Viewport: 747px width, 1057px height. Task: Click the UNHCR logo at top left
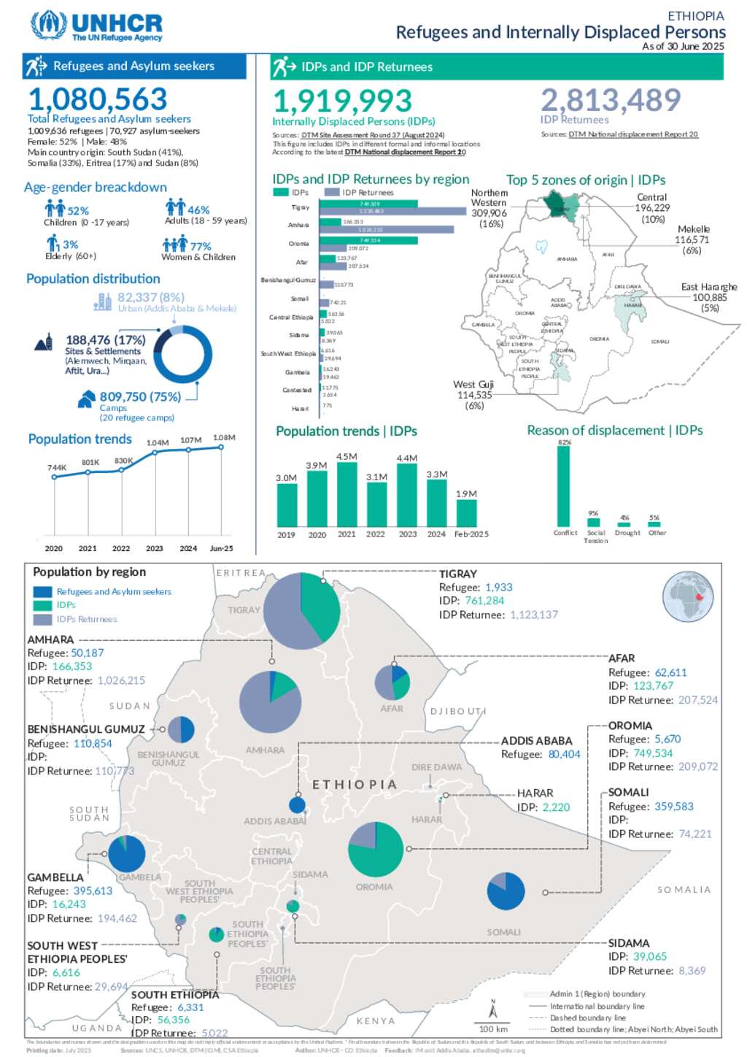96,26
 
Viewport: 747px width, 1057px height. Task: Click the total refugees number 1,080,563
98,99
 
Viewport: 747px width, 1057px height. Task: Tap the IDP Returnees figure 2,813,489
611,100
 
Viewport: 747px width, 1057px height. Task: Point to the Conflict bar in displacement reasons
564,486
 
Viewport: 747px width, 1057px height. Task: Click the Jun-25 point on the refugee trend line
221,447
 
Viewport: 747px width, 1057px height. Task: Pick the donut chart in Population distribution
182,355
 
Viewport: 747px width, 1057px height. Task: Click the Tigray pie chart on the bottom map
301,610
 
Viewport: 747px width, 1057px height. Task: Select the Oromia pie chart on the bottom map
376,849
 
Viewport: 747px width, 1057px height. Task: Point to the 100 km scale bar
493,1022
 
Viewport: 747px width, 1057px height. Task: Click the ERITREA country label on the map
241,573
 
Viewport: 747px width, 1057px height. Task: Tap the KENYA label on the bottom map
376,1021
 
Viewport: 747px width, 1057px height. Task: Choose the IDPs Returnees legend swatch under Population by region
43,619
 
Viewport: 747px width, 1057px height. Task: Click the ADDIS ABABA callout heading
536,741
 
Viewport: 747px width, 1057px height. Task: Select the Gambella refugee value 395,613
93,891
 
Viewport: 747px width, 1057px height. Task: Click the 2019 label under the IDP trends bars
286,534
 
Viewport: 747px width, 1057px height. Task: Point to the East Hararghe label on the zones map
708,287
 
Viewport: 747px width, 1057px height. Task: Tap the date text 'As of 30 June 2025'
683,46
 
